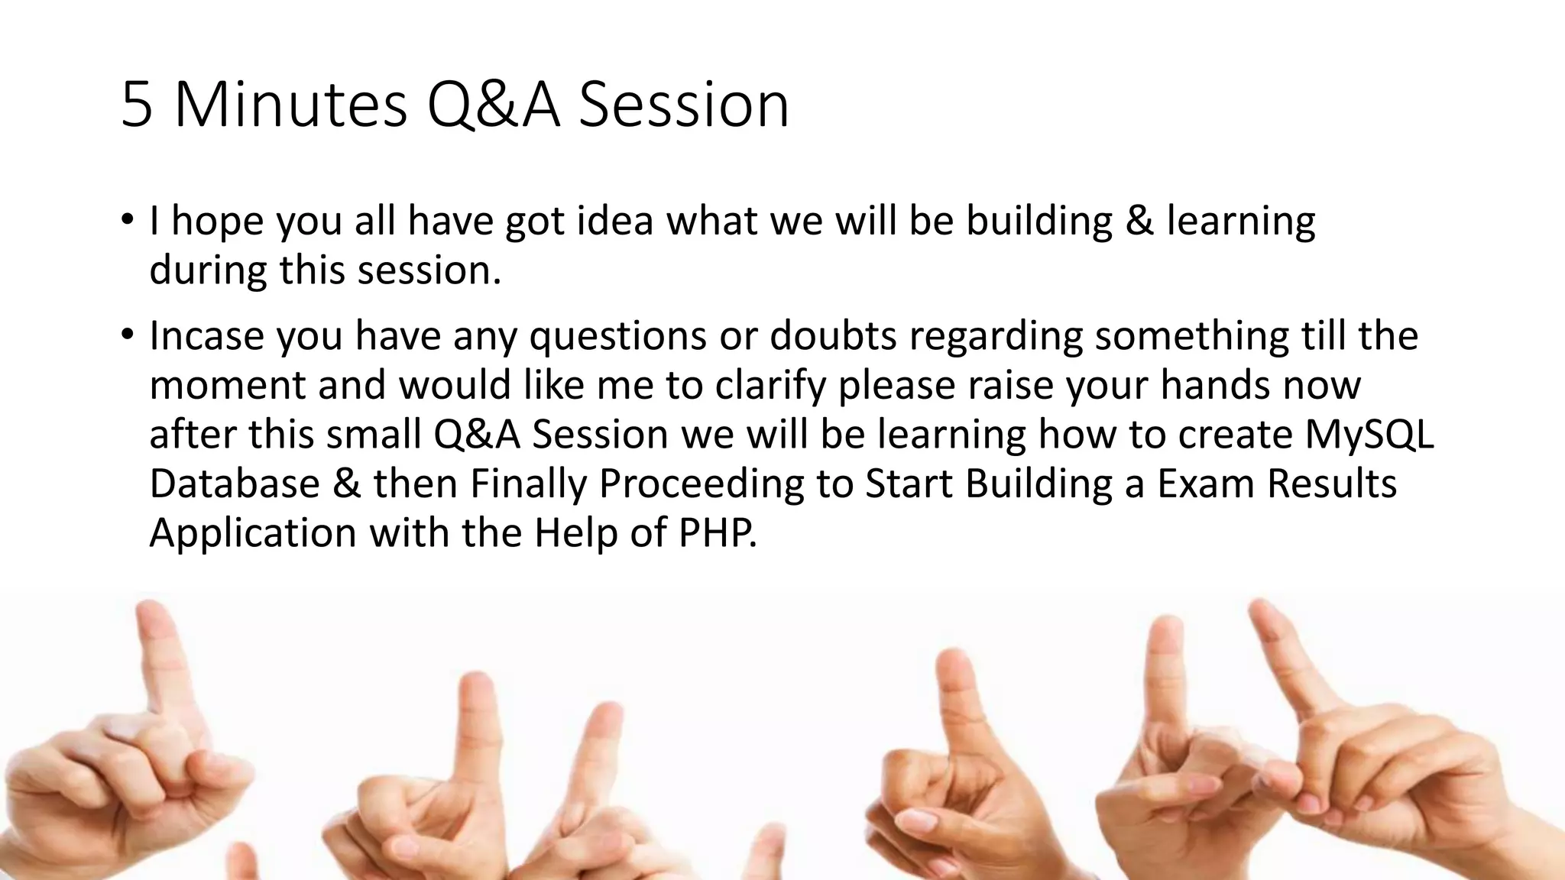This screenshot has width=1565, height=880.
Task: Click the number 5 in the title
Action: click(137, 105)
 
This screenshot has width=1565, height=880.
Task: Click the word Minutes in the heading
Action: click(290, 105)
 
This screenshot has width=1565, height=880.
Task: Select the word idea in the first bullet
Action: click(615, 221)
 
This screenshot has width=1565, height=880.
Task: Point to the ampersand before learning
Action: click(1139, 221)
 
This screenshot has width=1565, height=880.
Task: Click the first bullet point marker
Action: click(127, 220)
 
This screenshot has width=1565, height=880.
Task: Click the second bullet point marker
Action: click(127, 335)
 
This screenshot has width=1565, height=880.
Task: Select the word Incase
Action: click(206, 336)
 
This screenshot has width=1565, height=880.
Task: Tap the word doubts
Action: click(833, 336)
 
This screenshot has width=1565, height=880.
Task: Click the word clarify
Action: click(771, 386)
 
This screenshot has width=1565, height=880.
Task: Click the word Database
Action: click(234, 484)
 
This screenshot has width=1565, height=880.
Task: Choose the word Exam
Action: click(1205, 484)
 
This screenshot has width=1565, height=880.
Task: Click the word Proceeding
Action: click(701, 484)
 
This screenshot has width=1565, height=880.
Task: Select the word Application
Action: click(253, 532)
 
